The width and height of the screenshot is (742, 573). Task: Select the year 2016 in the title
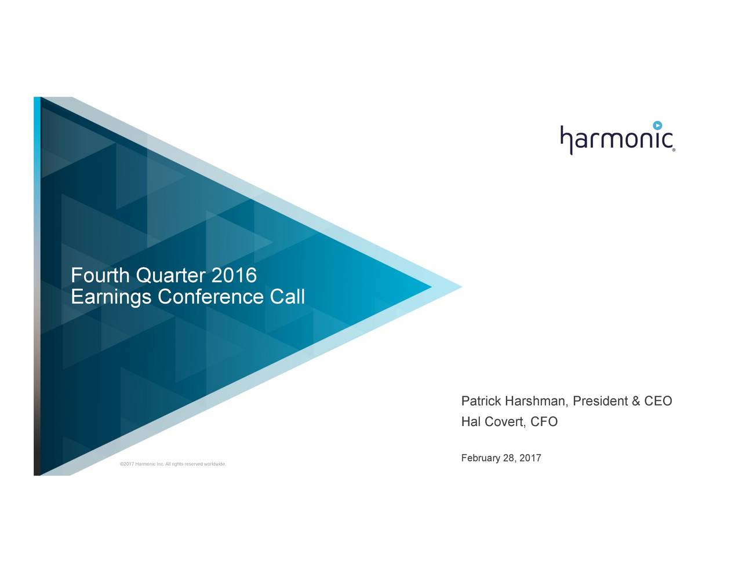tap(234, 275)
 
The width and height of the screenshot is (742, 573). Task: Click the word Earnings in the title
tap(111, 297)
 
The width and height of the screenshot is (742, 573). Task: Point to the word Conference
tap(211, 297)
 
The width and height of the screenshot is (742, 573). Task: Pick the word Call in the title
tap(287, 297)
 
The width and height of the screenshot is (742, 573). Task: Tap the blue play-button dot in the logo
tap(657, 125)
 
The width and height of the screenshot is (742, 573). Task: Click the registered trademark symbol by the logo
tap(674, 149)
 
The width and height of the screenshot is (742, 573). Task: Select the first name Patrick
tap(481, 402)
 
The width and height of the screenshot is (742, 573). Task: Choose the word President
tap(600, 402)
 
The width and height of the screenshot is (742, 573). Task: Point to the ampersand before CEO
tap(636, 402)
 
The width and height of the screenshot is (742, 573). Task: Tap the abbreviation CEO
tap(658, 402)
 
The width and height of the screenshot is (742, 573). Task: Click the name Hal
tap(471, 422)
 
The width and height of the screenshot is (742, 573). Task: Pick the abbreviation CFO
tap(544, 422)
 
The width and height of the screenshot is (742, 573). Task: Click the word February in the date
tap(481, 459)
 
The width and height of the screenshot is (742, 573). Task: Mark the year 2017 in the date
tap(530, 458)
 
